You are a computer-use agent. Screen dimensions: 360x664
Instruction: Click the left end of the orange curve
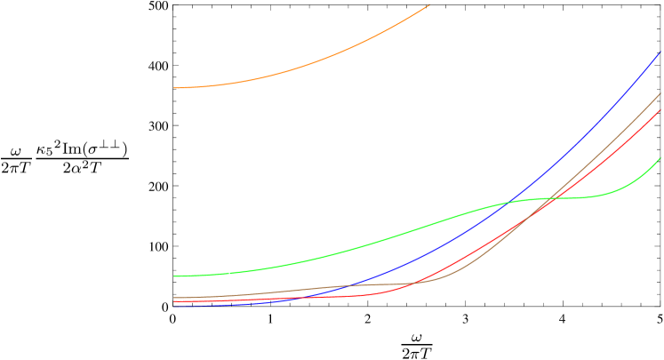point(174,88)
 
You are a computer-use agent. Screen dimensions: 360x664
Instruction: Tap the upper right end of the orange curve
point(429,5)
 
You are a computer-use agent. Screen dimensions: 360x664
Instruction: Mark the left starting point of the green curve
point(174,276)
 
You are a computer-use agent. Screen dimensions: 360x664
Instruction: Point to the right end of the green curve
point(660,158)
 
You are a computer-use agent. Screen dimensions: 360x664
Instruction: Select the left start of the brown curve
point(174,297)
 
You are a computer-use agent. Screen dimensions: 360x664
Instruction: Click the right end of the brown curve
point(660,93)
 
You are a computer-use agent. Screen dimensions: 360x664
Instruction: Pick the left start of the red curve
point(174,301)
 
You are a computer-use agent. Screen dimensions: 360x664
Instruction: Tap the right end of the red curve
point(660,110)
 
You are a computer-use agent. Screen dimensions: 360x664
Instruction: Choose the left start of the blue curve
point(174,305)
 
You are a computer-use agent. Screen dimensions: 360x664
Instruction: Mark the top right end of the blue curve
point(660,52)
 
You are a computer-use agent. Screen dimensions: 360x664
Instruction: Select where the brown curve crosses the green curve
point(553,197)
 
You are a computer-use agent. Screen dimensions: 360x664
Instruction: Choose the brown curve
point(613,138)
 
